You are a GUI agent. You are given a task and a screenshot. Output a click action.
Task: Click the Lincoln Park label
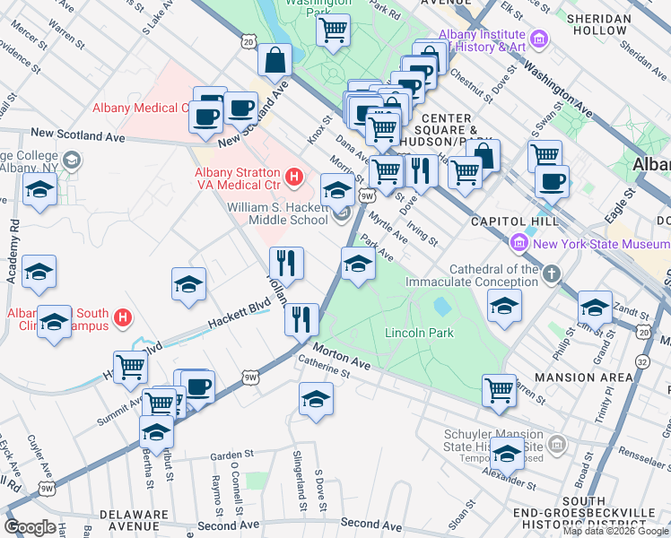click(419, 333)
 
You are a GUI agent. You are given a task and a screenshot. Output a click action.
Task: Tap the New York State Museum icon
click(518, 243)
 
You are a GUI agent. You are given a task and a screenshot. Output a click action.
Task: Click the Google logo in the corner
click(30, 526)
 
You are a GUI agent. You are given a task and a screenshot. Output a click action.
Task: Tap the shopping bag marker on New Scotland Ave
click(274, 61)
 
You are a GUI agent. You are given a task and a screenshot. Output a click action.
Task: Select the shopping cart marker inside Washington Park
click(333, 30)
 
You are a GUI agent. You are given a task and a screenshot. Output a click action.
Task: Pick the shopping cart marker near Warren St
click(499, 391)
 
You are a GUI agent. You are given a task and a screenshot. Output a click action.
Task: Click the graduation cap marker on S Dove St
click(316, 400)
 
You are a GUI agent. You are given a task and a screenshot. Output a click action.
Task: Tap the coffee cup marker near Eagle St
click(552, 182)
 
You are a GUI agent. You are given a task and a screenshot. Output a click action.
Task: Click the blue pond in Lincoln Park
click(441, 306)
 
